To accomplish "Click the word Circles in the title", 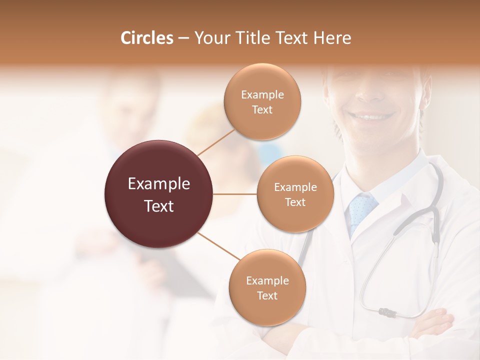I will (x=147, y=38).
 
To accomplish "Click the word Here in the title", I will (x=332, y=38).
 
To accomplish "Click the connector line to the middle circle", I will (x=235, y=194).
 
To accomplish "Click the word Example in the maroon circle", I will (x=159, y=184).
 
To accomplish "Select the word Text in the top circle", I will (x=262, y=110).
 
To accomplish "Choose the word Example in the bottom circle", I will (x=267, y=280).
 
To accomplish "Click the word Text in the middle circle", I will (x=295, y=202).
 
